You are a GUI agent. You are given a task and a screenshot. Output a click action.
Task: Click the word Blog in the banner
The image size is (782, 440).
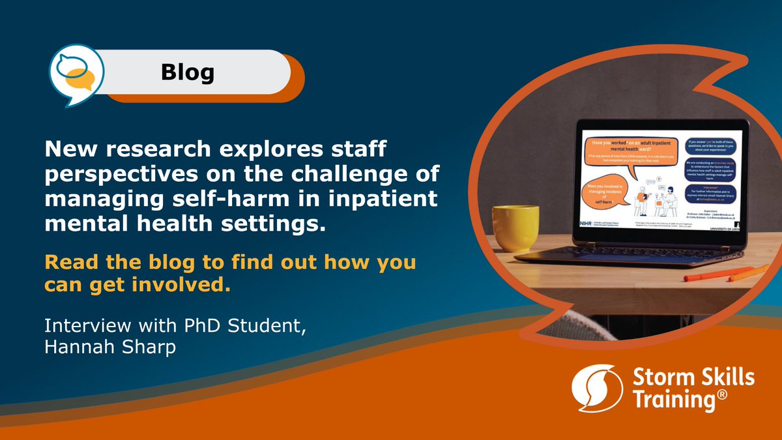(188, 72)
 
